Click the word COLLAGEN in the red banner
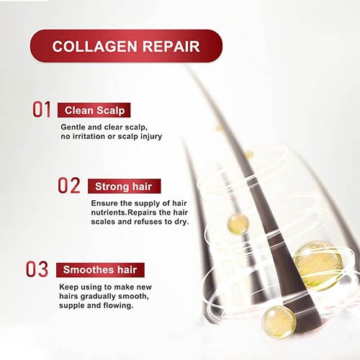(94, 46)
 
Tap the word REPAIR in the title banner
(171, 46)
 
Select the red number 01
(42, 109)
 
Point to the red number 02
(69, 185)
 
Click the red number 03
(37, 269)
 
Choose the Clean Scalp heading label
(94, 110)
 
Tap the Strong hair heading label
(125, 186)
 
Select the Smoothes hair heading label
(100, 270)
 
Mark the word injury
(151, 137)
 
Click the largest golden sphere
(318, 266)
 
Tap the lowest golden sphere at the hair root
(279, 322)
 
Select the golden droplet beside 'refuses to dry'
(238, 224)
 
